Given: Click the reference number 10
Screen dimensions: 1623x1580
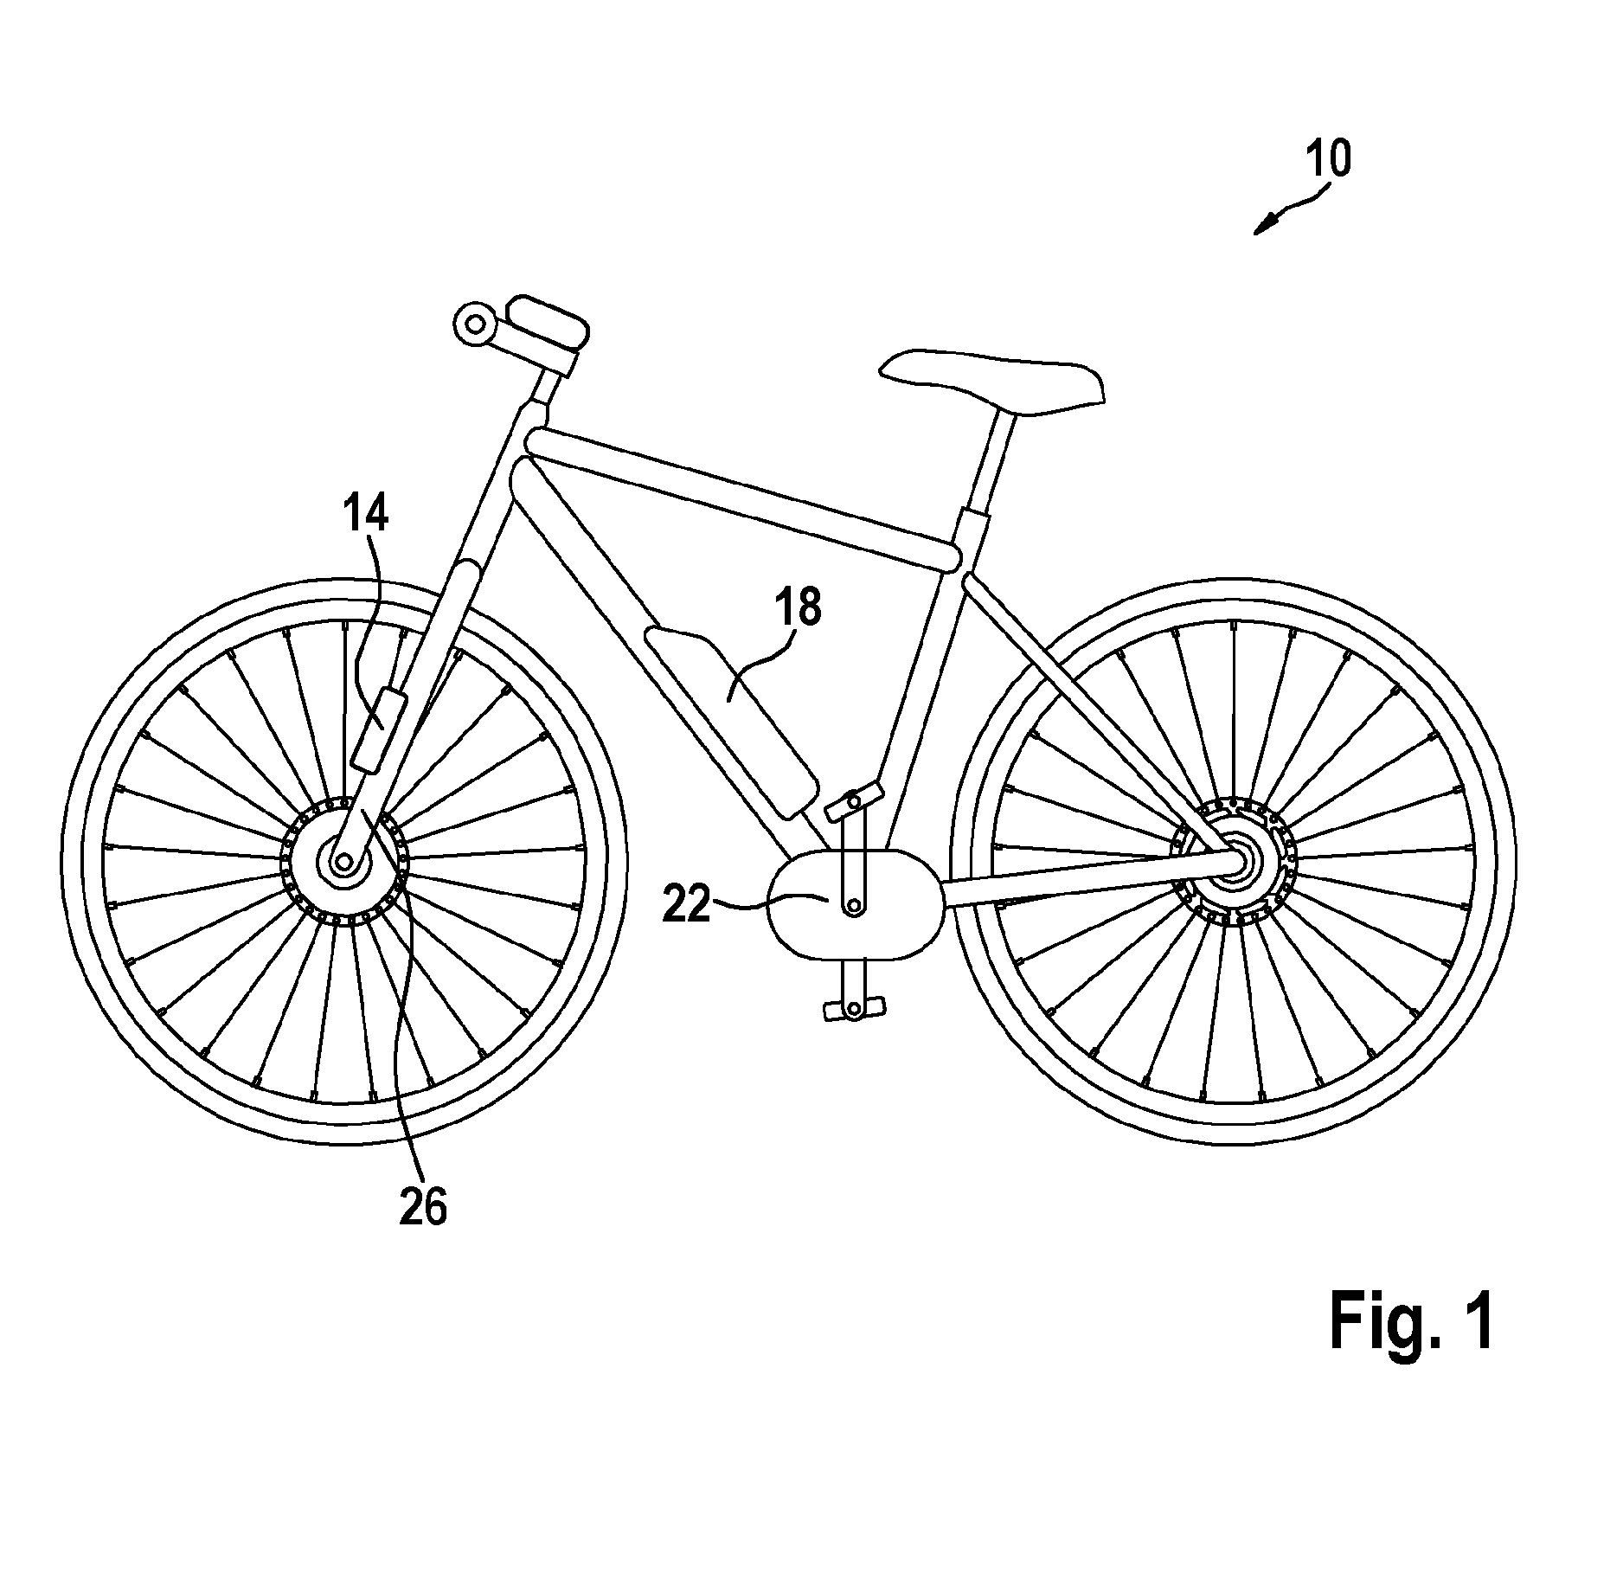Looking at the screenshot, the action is point(1328,159).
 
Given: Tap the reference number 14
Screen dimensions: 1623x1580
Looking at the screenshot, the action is point(365,514).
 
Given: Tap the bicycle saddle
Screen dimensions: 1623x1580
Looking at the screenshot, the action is point(992,380).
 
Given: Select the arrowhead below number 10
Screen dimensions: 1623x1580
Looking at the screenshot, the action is point(1264,225).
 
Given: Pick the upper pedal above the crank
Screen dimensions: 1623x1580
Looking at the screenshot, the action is point(854,800).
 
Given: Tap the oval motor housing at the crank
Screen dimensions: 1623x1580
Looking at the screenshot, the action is point(854,904).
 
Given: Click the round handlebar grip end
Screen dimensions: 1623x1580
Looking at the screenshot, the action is point(475,325).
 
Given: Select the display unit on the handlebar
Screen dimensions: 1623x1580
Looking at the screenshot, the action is point(547,324).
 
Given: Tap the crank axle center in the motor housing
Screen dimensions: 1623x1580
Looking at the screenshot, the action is point(854,905).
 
